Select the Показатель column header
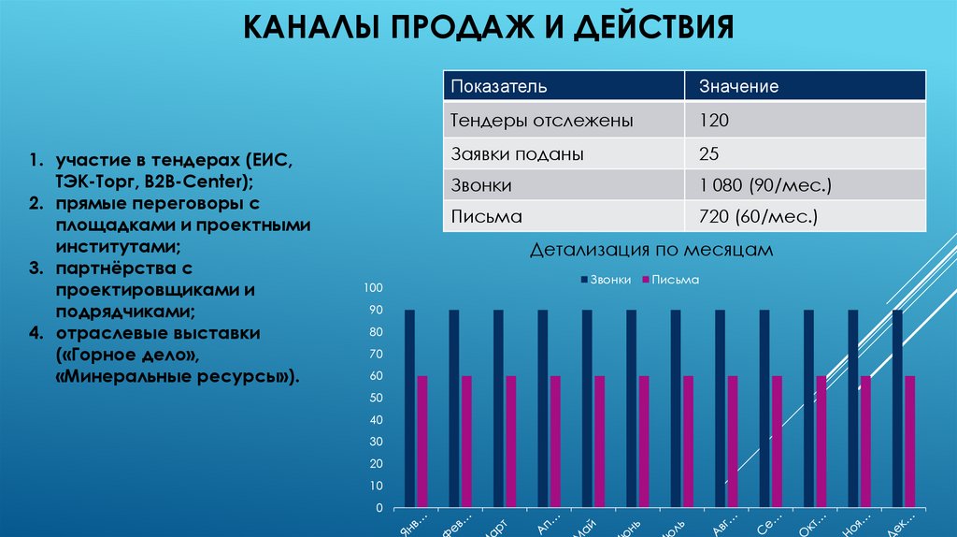click(x=499, y=87)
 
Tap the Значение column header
click(x=739, y=87)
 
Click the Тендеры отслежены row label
click(x=542, y=121)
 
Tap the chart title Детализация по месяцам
click(x=651, y=250)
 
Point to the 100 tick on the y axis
click(x=374, y=287)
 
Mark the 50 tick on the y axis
click(x=377, y=398)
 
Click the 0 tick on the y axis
click(x=379, y=508)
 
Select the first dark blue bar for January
click(x=409, y=409)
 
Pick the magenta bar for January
click(x=422, y=442)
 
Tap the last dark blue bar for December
click(x=897, y=409)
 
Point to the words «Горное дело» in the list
click(x=130, y=356)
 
